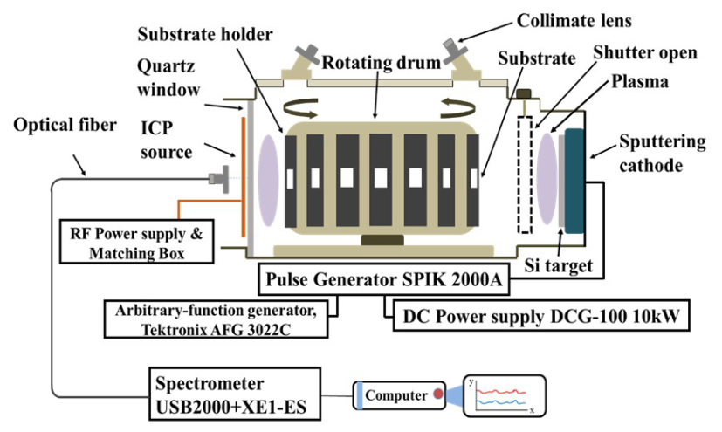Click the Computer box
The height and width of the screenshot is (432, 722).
click(x=395, y=395)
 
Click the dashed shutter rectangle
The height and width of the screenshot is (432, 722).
click(x=525, y=174)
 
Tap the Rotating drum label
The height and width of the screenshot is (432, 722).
click(x=371, y=64)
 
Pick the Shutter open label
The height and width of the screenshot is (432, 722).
click(x=643, y=53)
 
